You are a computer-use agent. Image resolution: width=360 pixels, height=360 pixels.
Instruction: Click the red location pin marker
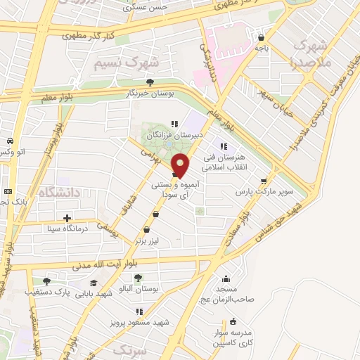point(181,165)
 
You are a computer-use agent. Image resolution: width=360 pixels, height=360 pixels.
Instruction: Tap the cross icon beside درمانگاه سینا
point(66,219)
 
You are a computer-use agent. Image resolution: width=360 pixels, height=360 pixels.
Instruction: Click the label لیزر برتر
point(148,240)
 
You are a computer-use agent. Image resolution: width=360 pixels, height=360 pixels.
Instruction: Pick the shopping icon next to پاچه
point(262,37)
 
